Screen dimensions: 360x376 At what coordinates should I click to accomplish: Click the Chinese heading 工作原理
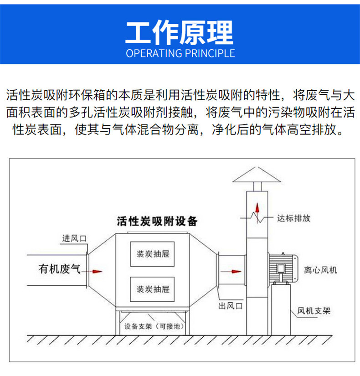click(x=180, y=33)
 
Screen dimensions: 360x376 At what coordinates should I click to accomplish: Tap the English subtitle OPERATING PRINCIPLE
click(x=180, y=53)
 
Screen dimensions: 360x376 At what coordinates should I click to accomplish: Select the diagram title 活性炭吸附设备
click(x=157, y=221)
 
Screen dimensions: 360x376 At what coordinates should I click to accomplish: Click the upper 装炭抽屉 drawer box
click(x=152, y=254)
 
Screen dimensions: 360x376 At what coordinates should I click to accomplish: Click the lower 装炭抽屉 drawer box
click(x=152, y=289)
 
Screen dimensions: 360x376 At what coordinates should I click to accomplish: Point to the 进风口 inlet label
click(x=74, y=239)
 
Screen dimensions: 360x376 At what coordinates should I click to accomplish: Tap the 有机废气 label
click(x=60, y=269)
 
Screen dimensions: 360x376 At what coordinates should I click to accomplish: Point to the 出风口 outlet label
click(x=231, y=306)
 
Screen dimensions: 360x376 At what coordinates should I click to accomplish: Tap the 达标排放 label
click(x=294, y=218)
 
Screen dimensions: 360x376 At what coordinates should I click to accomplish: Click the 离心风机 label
click(x=321, y=270)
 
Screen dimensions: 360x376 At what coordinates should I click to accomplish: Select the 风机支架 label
click(x=314, y=311)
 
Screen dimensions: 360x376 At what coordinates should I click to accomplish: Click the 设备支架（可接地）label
click(x=154, y=326)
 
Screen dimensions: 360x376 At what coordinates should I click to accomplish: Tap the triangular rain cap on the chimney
click(x=257, y=175)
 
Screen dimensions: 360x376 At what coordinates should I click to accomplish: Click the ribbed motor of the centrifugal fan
click(x=283, y=268)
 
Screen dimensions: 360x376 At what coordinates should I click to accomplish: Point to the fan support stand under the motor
click(x=281, y=309)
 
